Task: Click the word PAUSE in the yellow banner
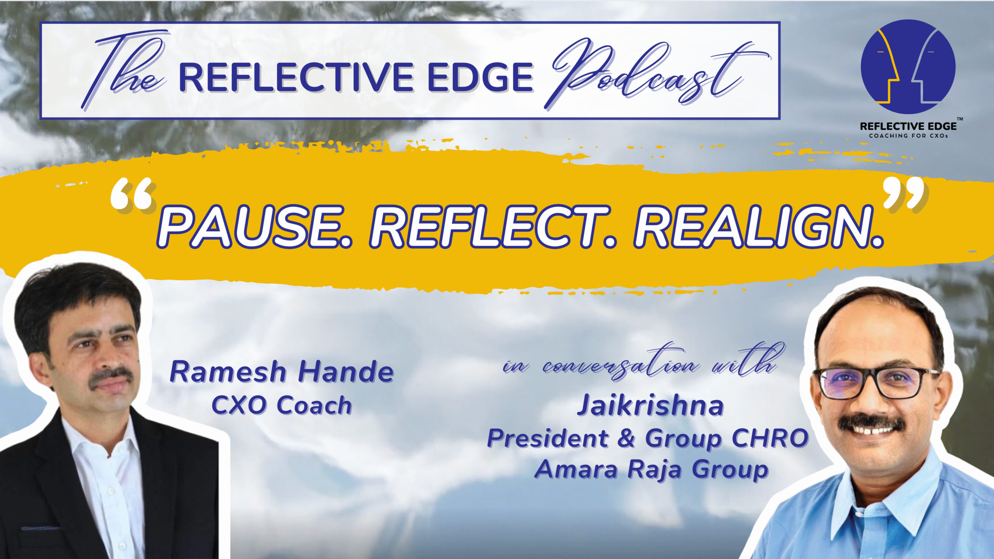point(255,227)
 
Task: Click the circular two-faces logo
point(908,67)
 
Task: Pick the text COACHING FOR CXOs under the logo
point(908,136)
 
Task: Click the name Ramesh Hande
point(282,372)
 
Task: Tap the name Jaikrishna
point(650,405)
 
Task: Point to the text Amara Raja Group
point(651,470)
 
